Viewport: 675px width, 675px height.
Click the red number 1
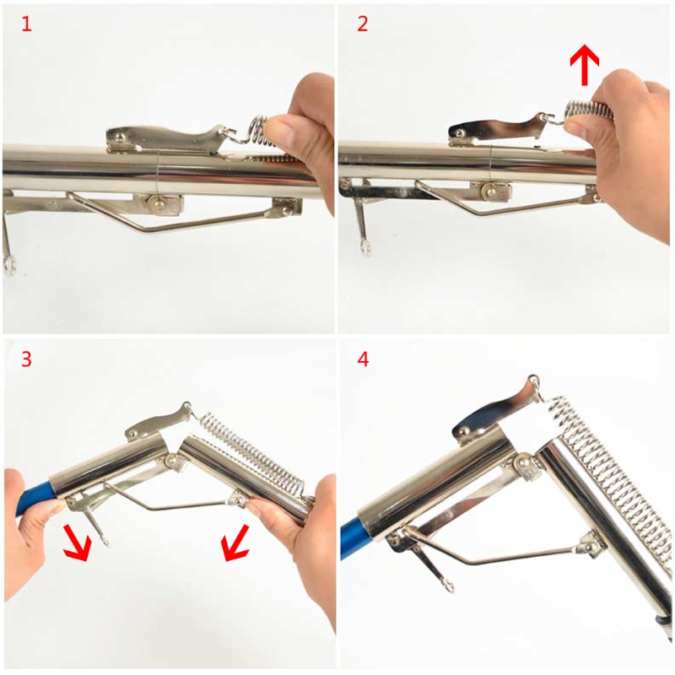(x=26, y=24)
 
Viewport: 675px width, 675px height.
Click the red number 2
(x=363, y=24)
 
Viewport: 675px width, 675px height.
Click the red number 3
(x=26, y=359)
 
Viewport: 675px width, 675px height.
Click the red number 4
(x=363, y=359)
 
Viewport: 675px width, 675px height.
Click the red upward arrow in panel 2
(x=584, y=65)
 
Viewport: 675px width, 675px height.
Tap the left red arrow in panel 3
(x=77, y=543)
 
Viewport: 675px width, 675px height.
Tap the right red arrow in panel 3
(x=235, y=543)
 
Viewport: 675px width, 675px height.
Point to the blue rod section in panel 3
(x=35, y=499)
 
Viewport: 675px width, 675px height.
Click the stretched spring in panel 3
(x=254, y=456)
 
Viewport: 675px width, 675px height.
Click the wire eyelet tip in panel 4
(x=448, y=586)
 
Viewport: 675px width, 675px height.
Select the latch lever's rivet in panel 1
(x=119, y=137)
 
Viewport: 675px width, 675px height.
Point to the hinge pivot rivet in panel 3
(x=173, y=460)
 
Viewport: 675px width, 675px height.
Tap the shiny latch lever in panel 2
(x=499, y=128)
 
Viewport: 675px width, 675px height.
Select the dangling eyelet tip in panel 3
(x=103, y=540)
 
